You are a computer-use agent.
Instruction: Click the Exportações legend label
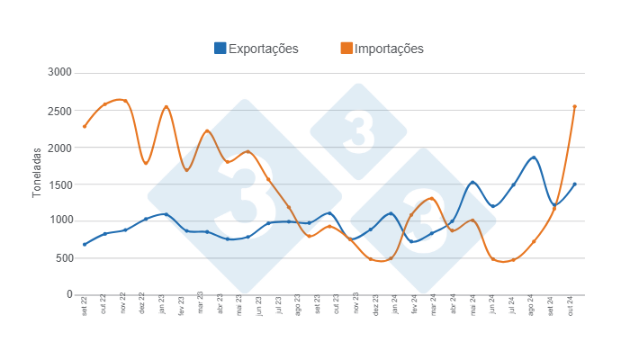[263, 49]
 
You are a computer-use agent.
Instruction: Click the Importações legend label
[389, 49]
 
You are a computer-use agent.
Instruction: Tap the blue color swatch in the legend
[220, 49]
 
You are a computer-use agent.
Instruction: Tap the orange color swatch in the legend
[346, 49]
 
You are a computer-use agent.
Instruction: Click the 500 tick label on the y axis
[62, 257]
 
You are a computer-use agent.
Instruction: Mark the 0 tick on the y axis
[68, 294]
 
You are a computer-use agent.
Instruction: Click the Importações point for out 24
[574, 106]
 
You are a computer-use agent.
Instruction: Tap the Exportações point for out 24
[574, 184]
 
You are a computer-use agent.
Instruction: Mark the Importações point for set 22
[85, 126]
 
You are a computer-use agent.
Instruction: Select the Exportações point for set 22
[85, 244]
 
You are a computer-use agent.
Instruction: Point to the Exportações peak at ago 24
[534, 157]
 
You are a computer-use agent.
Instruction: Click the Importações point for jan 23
[166, 107]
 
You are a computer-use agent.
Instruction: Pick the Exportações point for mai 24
[472, 183]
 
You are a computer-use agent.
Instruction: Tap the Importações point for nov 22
[125, 101]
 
